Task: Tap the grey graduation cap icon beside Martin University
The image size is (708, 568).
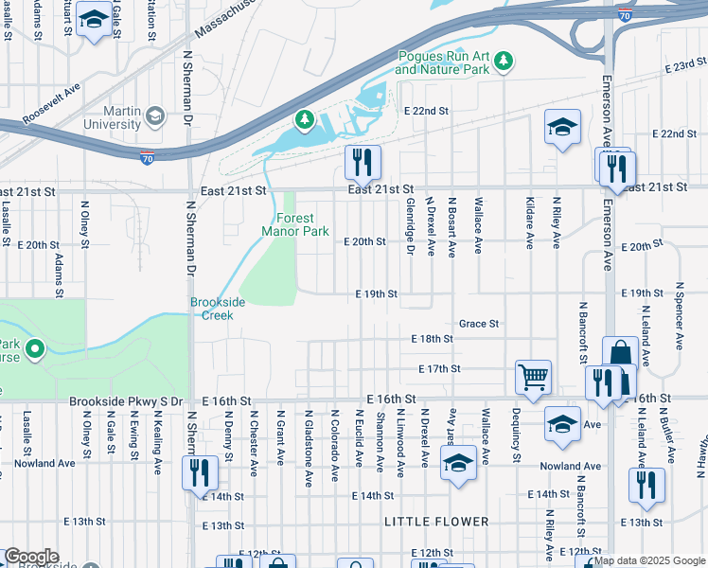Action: pos(154,116)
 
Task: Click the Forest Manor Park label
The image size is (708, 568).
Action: pos(294,224)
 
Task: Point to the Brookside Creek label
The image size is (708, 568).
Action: pos(218,308)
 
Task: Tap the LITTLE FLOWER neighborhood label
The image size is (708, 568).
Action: pos(436,522)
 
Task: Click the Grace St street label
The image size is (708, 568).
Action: pos(478,324)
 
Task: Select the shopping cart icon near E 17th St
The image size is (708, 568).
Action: pos(534,376)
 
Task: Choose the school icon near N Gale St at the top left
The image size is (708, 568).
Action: pos(94,21)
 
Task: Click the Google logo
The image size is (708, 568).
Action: pos(30,557)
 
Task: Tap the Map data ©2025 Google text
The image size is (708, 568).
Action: pos(649,560)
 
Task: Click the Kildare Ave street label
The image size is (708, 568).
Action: pos(529,223)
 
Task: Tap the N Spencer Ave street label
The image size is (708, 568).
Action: pos(680,311)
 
